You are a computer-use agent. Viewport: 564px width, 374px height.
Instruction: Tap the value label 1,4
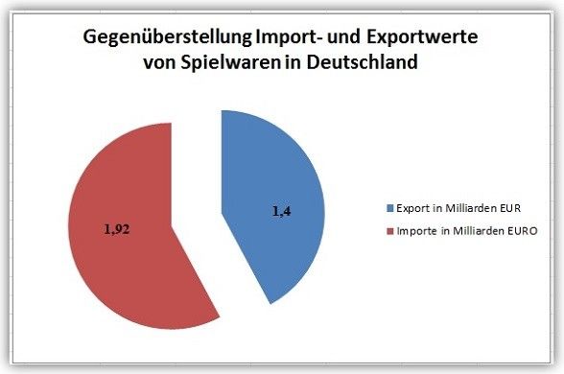(x=282, y=211)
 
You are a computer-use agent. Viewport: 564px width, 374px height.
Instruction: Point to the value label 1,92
(x=117, y=229)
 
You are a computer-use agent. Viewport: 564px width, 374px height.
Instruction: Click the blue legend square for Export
(x=389, y=208)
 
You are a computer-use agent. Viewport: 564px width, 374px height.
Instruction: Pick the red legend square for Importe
(x=389, y=231)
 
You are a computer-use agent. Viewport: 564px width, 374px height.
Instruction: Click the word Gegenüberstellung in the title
(x=167, y=37)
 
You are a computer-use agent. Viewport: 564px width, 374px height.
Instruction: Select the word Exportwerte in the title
(x=422, y=37)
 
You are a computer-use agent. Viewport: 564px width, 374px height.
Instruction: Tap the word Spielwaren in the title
(x=230, y=62)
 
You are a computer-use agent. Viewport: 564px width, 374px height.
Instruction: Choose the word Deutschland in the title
(x=363, y=61)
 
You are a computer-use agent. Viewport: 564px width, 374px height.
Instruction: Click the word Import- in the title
(x=289, y=37)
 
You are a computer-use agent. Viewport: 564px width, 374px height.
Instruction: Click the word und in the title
(x=343, y=37)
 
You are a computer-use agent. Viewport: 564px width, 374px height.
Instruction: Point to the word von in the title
(x=159, y=63)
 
